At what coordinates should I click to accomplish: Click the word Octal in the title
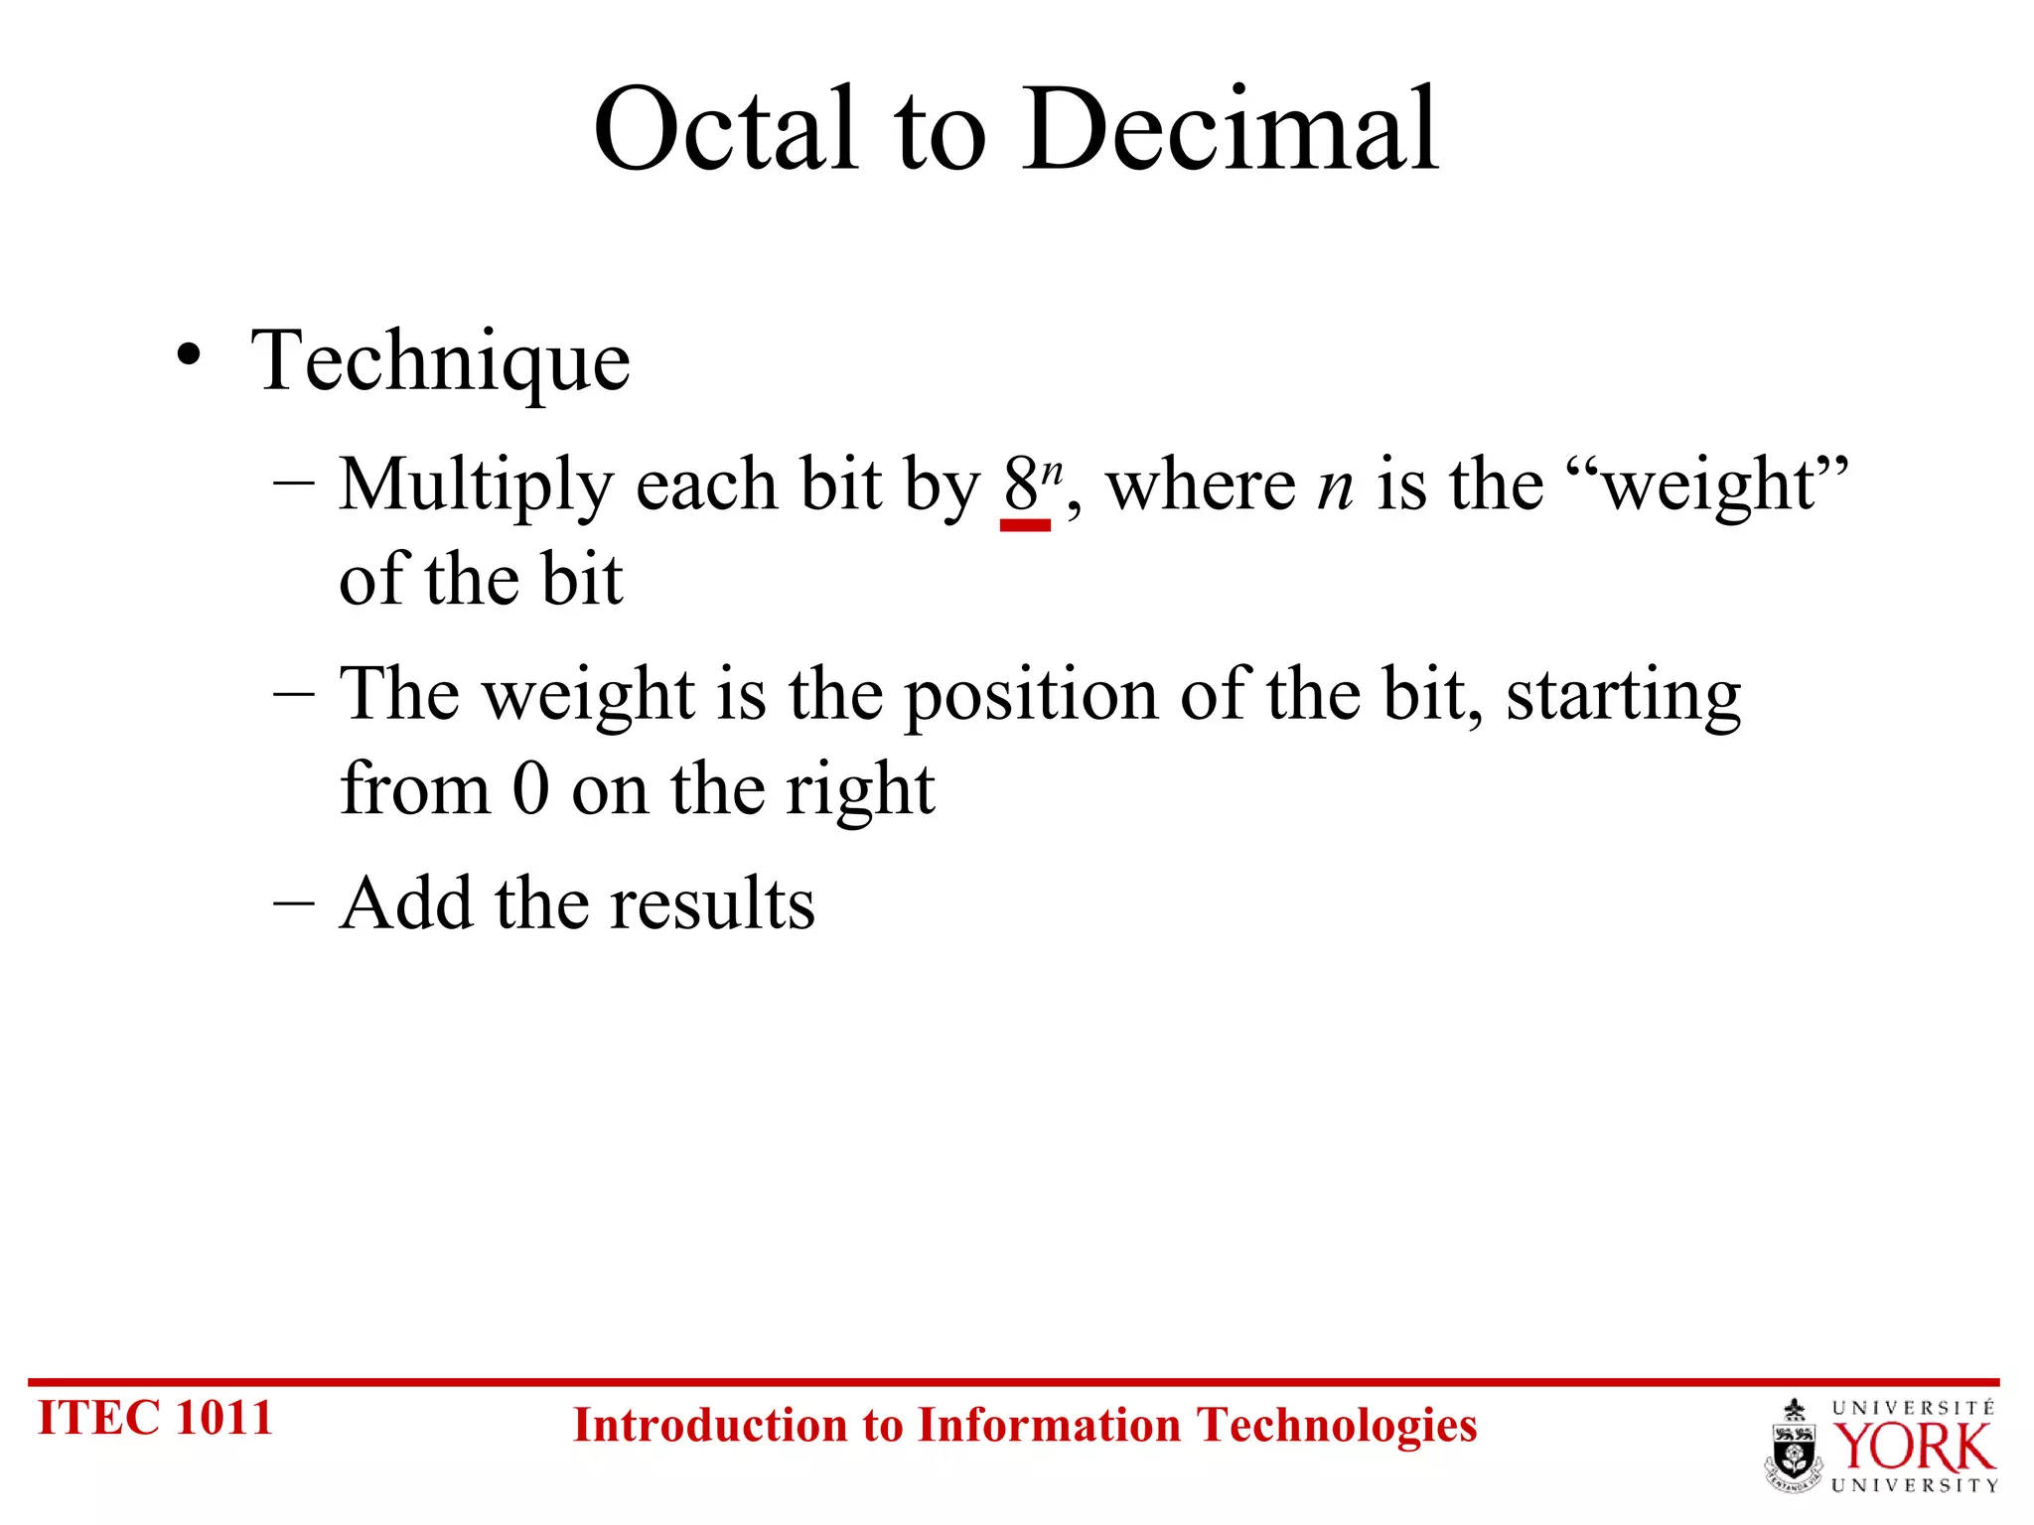(x=725, y=129)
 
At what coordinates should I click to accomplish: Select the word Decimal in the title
(x=1232, y=129)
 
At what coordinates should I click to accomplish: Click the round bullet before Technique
(x=189, y=355)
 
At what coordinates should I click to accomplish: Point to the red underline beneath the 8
(x=1025, y=525)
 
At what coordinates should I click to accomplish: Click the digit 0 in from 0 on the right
(x=530, y=789)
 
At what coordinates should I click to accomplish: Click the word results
(x=712, y=903)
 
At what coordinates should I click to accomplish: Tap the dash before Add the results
(x=293, y=903)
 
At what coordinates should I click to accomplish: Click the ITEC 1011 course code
(x=155, y=1418)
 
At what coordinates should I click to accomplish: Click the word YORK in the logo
(x=1913, y=1448)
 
